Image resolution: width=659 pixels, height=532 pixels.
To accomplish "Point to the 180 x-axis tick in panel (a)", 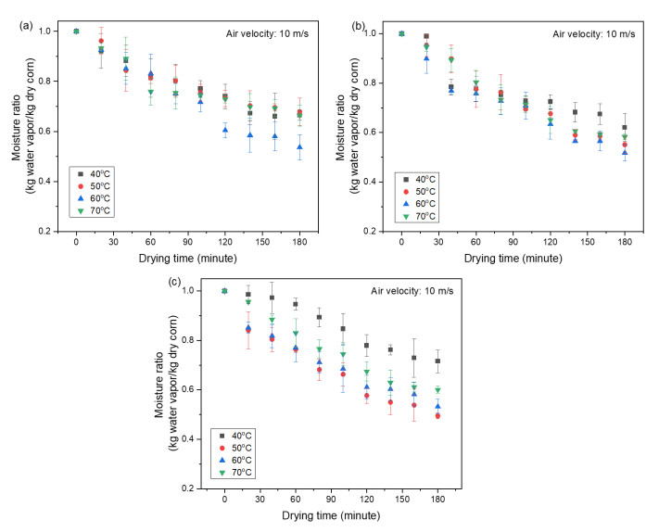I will pos(298,241).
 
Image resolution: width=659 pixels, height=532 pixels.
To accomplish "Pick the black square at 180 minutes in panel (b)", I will pos(626,128).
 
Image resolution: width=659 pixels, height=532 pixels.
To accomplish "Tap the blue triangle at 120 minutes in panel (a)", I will pos(224,130).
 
